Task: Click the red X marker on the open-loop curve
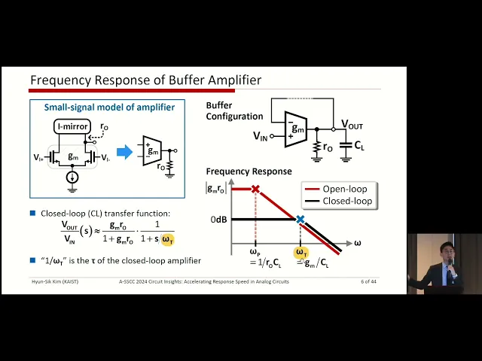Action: pyautogui.click(x=255, y=189)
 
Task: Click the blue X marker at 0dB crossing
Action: pyautogui.click(x=300, y=220)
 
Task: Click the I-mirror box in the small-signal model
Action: pyautogui.click(x=72, y=126)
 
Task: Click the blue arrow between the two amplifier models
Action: pyautogui.click(x=124, y=153)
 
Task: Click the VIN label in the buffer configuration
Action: pyautogui.click(x=261, y=136)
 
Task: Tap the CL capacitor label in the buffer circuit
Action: pyautogui.click(x=359, y=145)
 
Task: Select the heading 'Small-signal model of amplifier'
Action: pyautogui.click(x=108, y=108)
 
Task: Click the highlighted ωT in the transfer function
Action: pyautogui.click(x=167, y=240)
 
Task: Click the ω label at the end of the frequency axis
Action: pyautogui.click(x=357, y=243)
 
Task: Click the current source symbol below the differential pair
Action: pyautogui.click(x=72, y=177)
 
